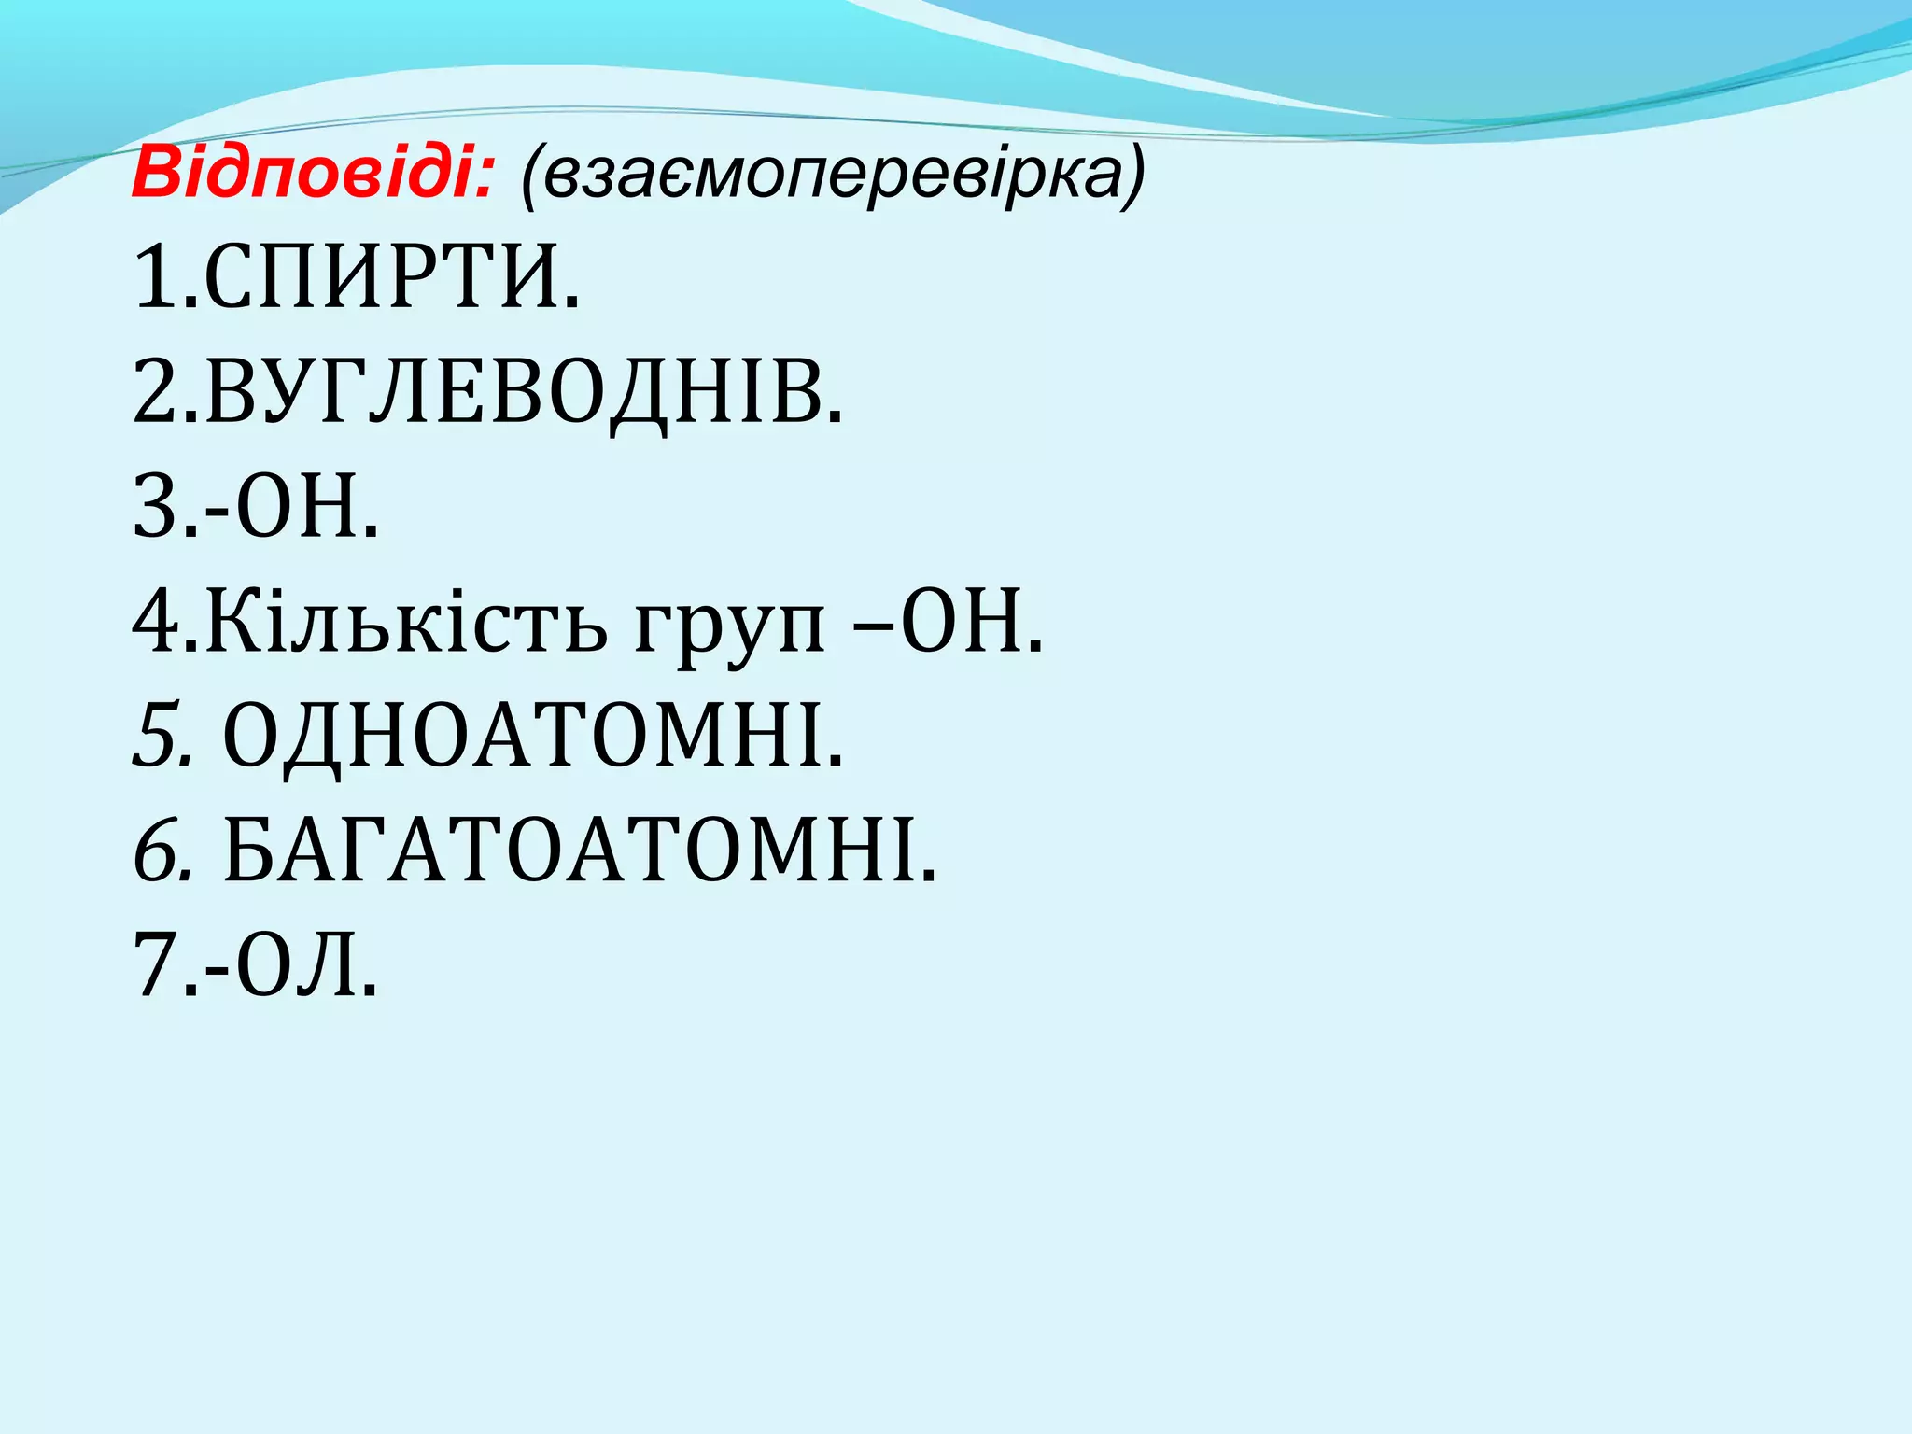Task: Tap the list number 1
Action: [153, 277]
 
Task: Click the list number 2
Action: [155, 393]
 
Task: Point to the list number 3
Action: [155, 509]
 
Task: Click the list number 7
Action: [155, 966]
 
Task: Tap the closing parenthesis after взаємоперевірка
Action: [1132, 177]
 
